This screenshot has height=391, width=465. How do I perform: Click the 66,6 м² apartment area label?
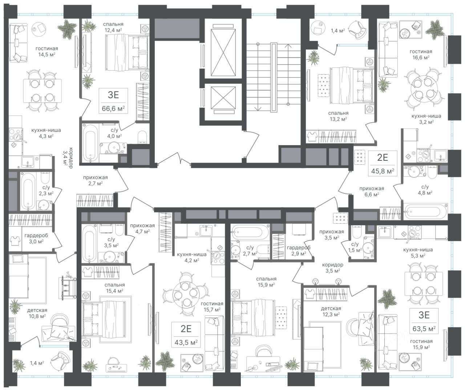(113, 109)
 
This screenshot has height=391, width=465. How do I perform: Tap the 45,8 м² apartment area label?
(383, 171)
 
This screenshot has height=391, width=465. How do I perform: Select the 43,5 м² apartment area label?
(186, 342)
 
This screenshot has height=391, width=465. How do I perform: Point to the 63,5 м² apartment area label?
(424, 328)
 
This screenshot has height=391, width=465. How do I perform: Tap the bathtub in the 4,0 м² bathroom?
(90, 143)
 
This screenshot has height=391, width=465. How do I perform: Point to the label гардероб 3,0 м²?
(36, 238)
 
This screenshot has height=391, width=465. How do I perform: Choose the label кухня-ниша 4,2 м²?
(191, 257)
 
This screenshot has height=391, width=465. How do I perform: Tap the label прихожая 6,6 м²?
(372, 192)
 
